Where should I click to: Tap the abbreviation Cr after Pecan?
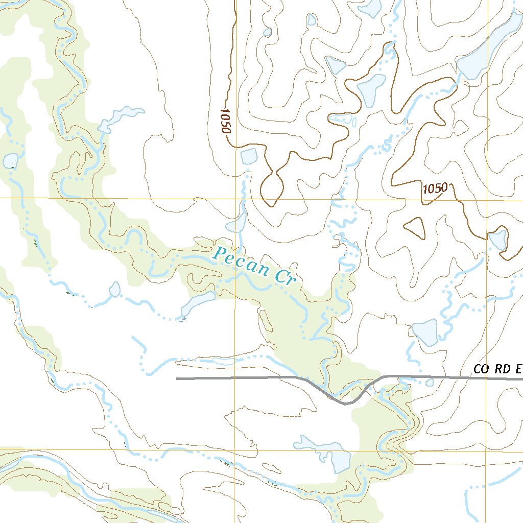[x=287, y=277]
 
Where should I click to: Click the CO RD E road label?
[x=497, y=369]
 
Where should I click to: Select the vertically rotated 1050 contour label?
[x=225, y=121]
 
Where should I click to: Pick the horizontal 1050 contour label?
[x=435, y=188]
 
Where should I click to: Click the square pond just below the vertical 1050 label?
[x=248, y=156]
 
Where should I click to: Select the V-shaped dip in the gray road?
[x=345, y=402]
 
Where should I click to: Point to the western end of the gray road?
[x=178, y=379]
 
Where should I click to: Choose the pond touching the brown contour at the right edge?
[x=497, y=239]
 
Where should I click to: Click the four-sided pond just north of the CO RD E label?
[x=425, y=332]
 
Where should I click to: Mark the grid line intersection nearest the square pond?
[x=235, y=198]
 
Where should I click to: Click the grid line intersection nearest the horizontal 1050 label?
[x=487, y=199]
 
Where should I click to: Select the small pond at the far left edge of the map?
[x=10, y=161]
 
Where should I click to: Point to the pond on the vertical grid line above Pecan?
[x=237, y=223]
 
